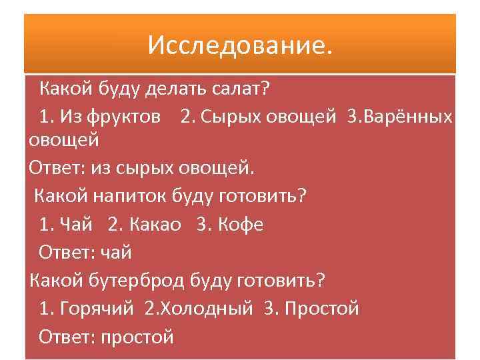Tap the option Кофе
coord(241,225)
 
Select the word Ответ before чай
coord(67,253)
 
